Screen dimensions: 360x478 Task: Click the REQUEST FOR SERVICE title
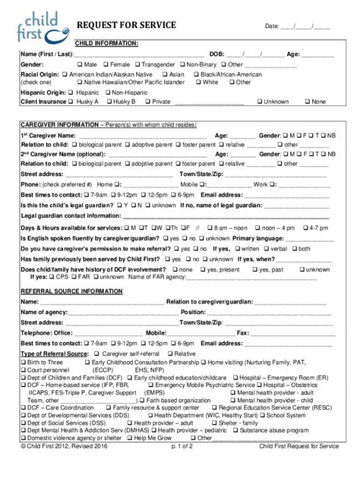[x=126, y=26]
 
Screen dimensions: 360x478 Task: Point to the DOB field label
[x=216, y=55]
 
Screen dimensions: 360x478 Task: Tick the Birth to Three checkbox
[x=24, y=363]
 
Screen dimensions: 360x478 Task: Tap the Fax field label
[x=243, y=332]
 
